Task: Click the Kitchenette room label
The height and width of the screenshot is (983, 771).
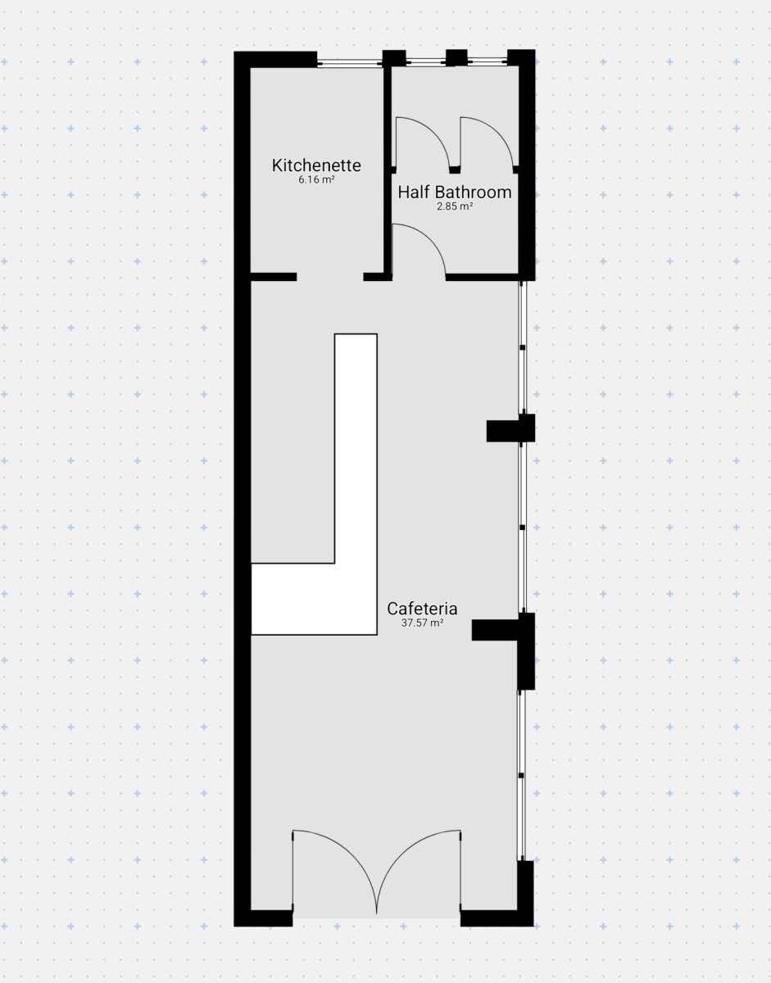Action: (x=316, y=165)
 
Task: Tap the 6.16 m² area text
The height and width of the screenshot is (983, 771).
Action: (x=316, y=180)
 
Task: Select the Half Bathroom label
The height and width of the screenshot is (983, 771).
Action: (x=455, y=193)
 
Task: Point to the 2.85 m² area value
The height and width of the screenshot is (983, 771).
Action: (x=455, y=206)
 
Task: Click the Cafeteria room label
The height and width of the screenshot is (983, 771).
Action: (x=422, y=609)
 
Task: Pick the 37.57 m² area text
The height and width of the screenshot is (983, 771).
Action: (x=422, y=623)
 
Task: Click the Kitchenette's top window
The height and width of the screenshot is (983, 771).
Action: (x=349, y=64)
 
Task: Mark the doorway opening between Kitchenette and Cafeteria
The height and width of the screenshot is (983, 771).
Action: (x=330, y=276)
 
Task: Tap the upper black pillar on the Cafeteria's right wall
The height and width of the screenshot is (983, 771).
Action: (x=510, y=428)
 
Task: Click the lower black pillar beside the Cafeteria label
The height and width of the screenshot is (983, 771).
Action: (x=502, y=630)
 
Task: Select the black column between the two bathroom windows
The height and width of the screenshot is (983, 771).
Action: (x=456, y=58)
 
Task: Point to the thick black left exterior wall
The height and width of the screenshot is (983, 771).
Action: (x=242, y=488)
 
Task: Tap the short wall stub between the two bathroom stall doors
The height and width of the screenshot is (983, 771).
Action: (x=455, y=170)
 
